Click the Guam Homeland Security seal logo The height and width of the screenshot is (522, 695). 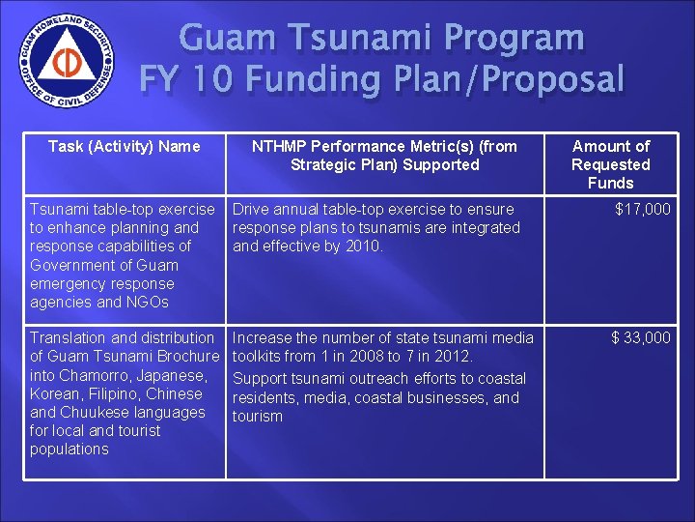(66, 67)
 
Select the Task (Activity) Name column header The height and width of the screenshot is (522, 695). (125, 146)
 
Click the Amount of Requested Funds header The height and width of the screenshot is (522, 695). (610, 164)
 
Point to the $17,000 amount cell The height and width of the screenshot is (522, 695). (643, 210)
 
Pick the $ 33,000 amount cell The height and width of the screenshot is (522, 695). (641, 337)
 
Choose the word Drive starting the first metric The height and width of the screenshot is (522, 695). (253, 209)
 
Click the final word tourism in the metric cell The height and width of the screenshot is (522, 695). (257, 417)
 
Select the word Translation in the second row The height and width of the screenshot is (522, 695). (69, 337)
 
